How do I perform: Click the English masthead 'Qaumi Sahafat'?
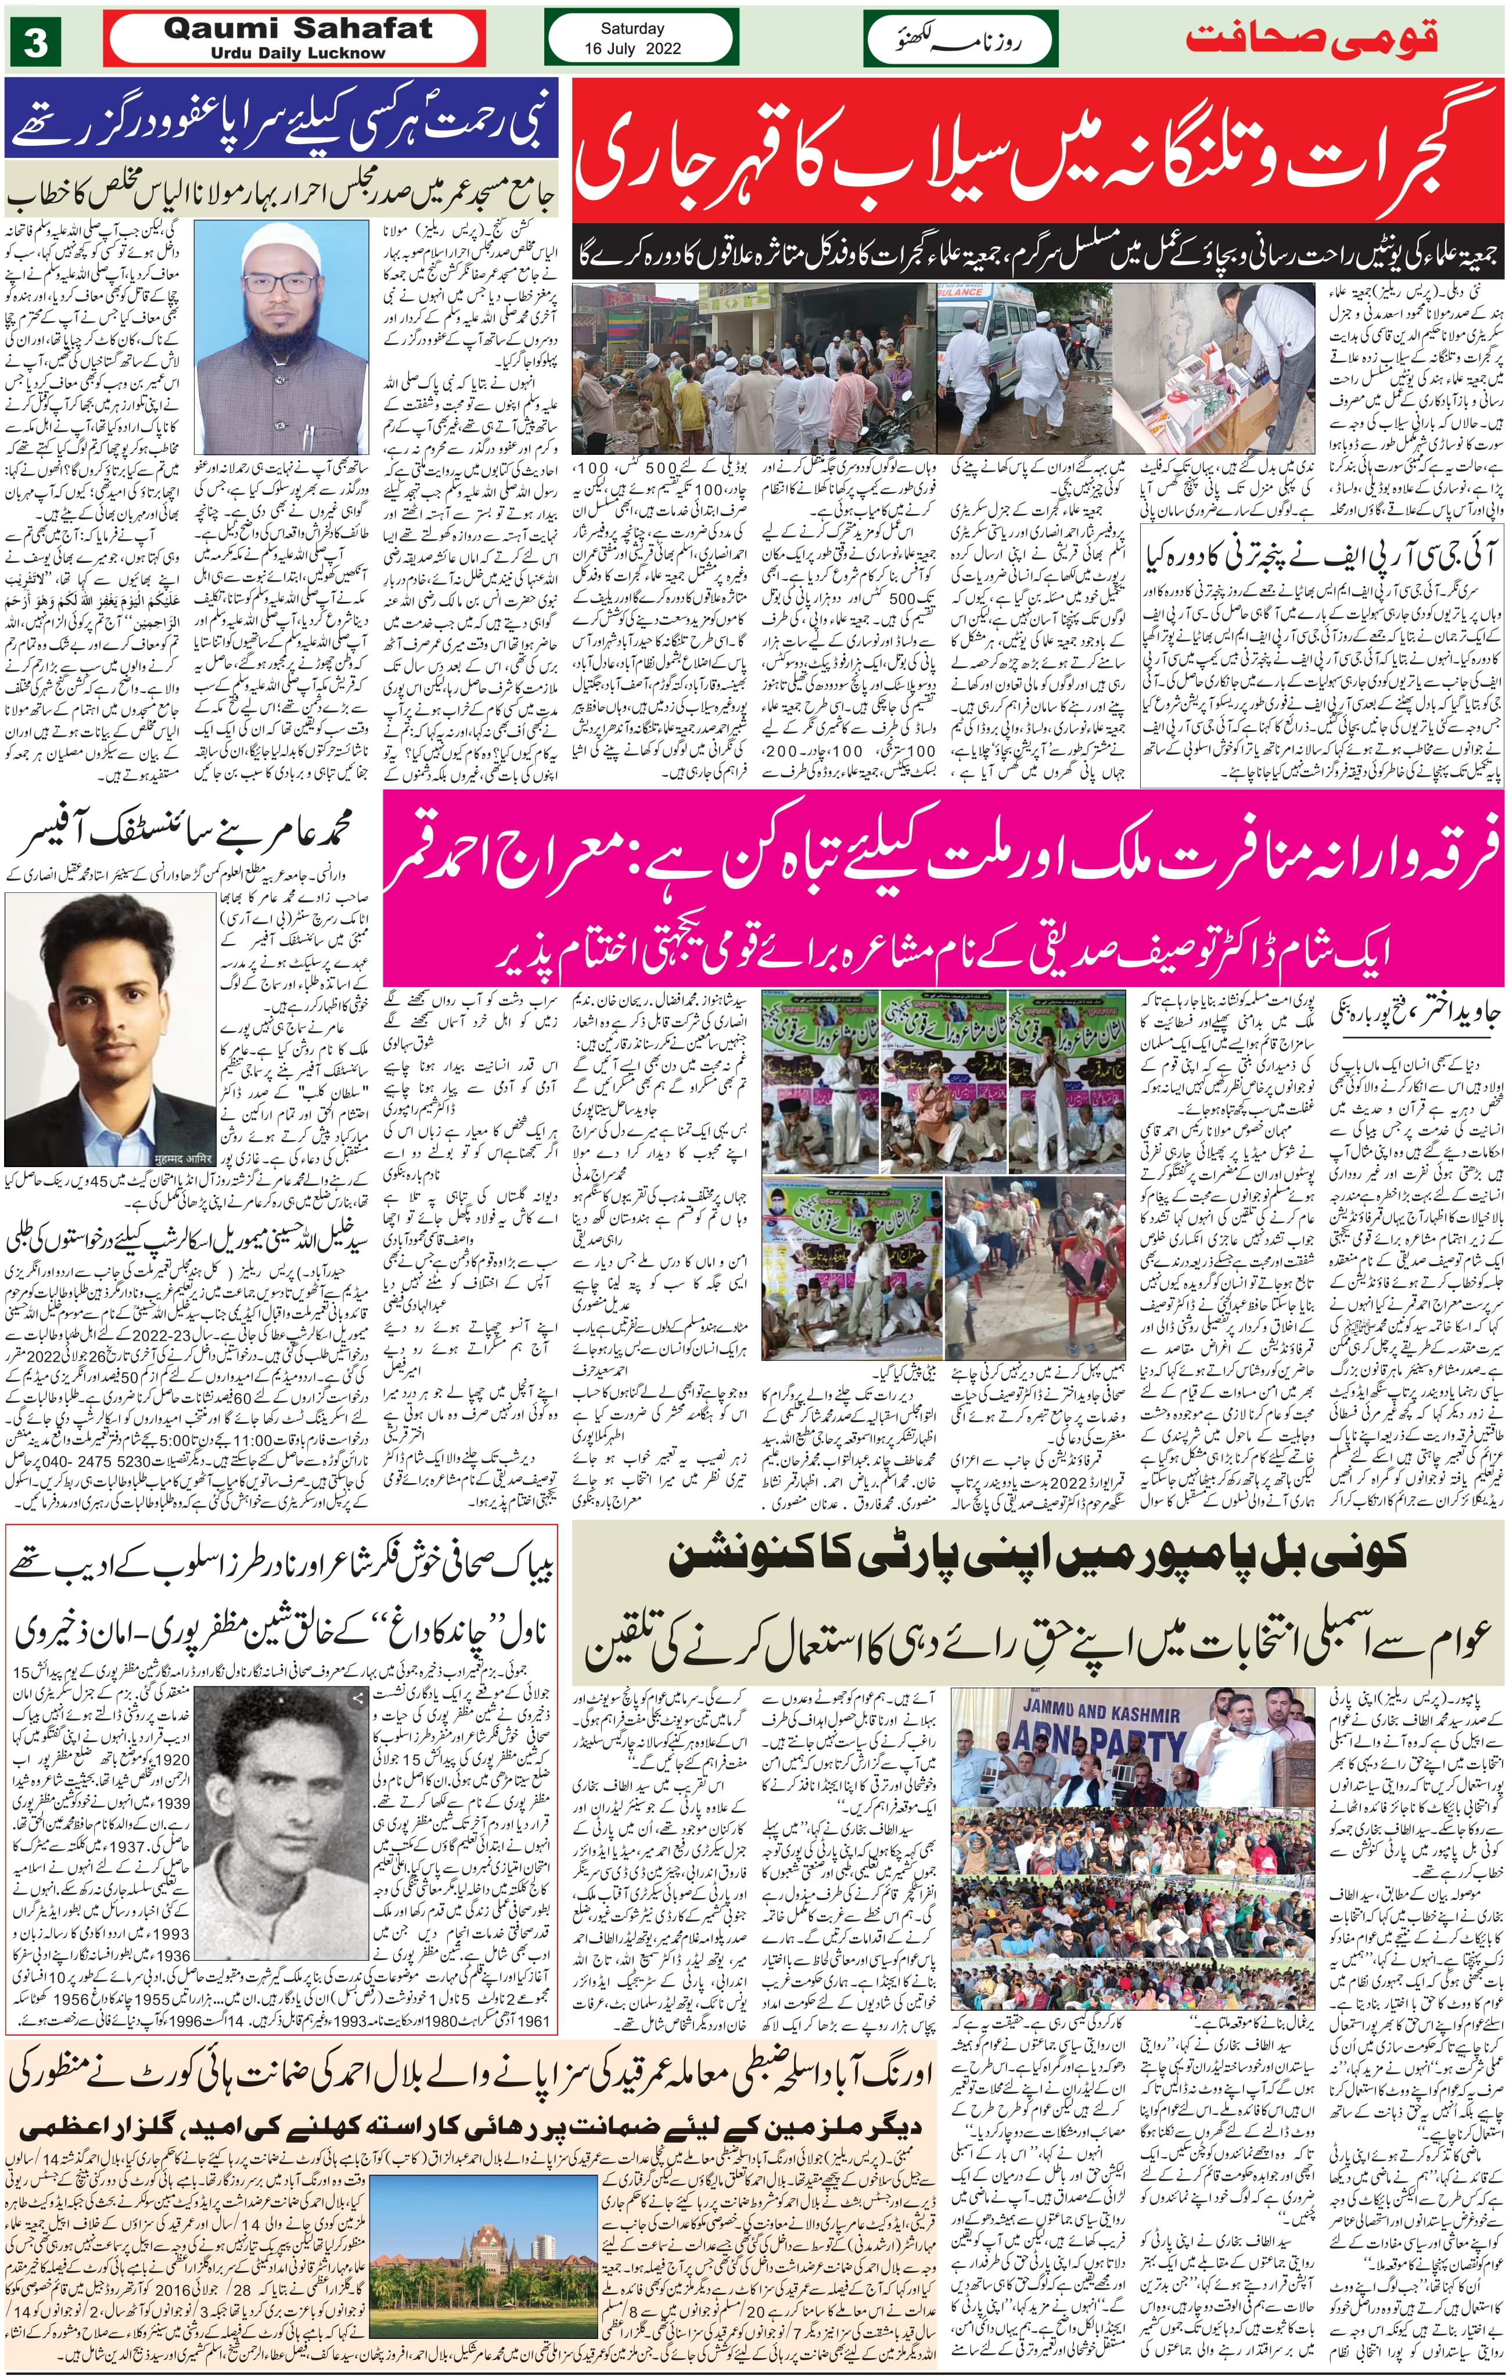click(x=297, y=28)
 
